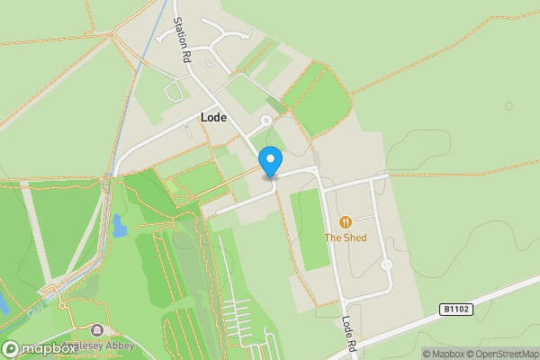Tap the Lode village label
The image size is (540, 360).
213,118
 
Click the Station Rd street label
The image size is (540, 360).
184,40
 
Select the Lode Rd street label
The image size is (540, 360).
350,330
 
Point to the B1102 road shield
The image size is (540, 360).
455,309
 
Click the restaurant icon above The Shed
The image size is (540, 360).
346,221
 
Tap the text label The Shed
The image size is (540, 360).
346,238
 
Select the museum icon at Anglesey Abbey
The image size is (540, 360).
97,330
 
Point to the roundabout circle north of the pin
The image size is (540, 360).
265,120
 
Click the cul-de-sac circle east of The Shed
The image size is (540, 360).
386,265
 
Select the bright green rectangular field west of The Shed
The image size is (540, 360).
310,229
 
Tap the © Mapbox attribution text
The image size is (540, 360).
443,353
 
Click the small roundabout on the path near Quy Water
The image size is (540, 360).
62,306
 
